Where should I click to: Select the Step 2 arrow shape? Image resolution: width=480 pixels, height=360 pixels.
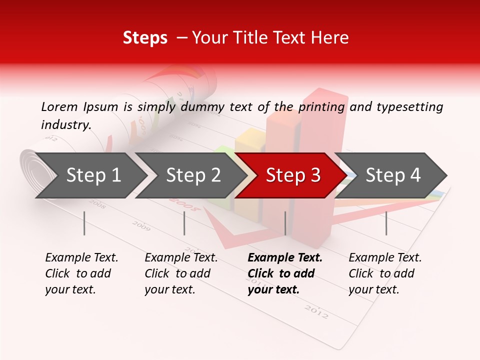coord(192,175)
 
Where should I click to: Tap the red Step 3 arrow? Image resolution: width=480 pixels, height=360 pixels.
coord(292,175)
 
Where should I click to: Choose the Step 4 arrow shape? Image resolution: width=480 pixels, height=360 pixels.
coord(392,175)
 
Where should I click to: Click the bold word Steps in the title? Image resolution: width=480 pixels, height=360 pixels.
coord(145,37)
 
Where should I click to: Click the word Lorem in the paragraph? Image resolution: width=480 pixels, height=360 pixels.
coord(59,106)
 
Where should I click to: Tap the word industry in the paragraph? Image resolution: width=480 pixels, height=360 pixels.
coord(65,124)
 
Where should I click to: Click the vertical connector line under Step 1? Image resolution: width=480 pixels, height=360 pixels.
coord(84,223)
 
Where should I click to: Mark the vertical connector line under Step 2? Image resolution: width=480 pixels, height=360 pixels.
coord(184,223)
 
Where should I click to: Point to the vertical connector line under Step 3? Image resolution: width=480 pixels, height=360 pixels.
coord(285,223)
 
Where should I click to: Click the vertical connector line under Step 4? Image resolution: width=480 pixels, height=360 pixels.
coord(386,223)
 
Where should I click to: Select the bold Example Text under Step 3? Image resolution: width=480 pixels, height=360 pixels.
coord(285,257)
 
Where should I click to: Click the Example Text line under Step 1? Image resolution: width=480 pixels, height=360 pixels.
coord(81,257)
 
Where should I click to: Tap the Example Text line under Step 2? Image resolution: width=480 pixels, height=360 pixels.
coord(181,257)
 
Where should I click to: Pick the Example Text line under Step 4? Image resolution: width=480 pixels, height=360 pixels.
coord(385,257)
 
